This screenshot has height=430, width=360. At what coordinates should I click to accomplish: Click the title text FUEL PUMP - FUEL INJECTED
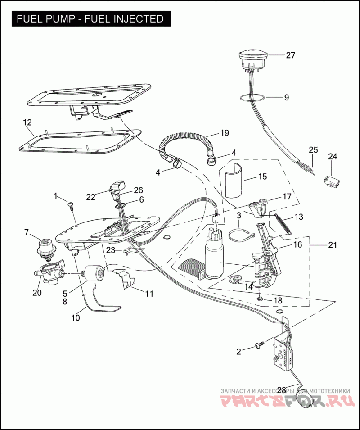(x=90, y=19)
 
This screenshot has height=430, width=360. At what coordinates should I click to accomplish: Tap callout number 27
(x=290, y=55)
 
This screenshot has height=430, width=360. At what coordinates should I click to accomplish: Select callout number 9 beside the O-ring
(x=286, y=97)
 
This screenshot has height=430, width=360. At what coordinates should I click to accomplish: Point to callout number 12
(x=27, y=122)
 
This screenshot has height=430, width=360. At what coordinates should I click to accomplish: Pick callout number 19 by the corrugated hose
(x=225, y=133)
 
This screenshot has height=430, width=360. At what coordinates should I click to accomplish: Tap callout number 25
(x=313, y=149)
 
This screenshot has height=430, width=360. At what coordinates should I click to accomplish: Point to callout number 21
(x=332, y=245)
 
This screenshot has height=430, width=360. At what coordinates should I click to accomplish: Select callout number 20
(x=36, y=292)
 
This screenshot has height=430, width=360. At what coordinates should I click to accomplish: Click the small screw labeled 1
(x=71, y=205)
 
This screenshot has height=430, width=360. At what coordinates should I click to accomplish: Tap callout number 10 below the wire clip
(x=75, y=317)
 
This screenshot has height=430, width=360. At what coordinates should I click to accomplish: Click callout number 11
(x=149, y=294)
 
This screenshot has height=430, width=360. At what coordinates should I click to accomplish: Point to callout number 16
(x=297, y=245)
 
